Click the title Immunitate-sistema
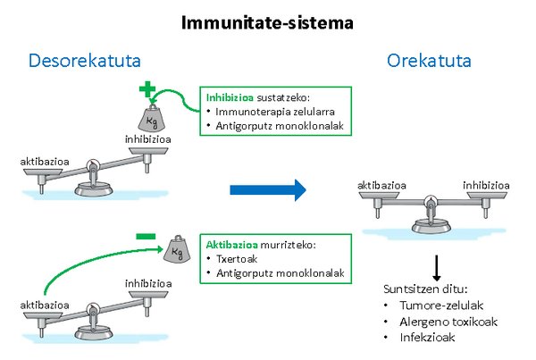tap(267, 21)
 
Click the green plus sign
tap(147, 89)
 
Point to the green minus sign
tap(146, 237)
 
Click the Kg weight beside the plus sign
tap(153, 117)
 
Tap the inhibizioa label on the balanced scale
tap(486, 185)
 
